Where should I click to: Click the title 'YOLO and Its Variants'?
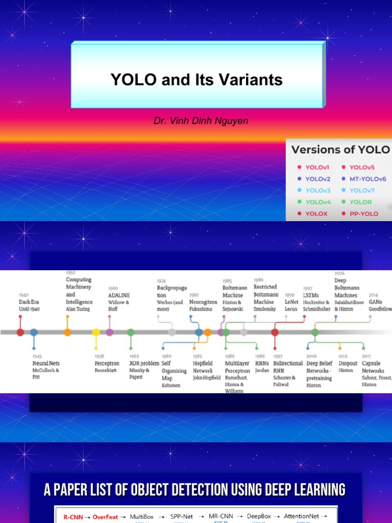(x=197, y=80)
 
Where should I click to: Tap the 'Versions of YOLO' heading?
(x=340, y=150)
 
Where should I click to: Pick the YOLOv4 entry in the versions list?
(x=318, y=202)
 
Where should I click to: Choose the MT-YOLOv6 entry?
(x=367, y=179)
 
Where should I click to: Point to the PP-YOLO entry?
(x=364, y=213)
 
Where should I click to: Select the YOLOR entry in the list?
(x=360, y=202)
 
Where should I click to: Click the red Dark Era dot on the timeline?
(x=20, y=332)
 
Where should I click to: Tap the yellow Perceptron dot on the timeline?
(x=96, y=332)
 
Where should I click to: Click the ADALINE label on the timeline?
(x=119, y=295)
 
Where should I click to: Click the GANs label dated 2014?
(x=375, y=302)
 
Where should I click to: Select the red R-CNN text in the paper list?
(x=73, y=517)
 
